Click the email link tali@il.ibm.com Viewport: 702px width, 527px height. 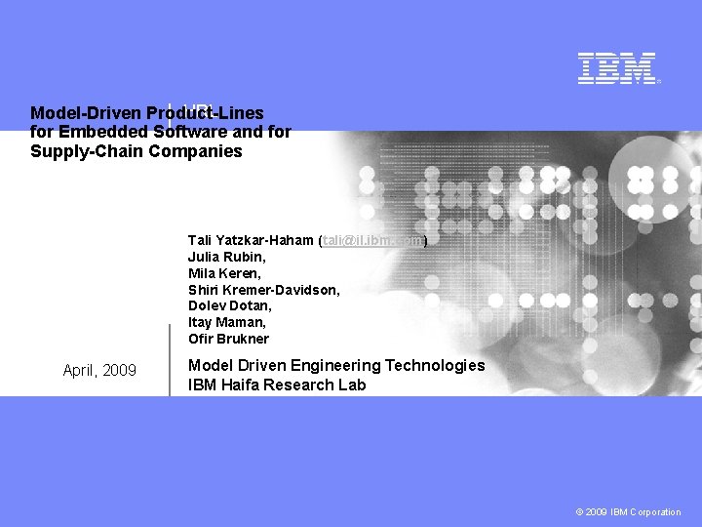373,240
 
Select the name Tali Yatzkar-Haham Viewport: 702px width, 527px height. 251,240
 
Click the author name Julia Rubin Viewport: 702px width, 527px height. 226,257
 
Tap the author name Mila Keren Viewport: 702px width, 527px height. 224,273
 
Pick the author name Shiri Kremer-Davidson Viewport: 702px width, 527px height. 263,290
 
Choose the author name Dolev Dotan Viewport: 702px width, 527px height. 227,305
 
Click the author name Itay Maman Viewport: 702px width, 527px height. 226,322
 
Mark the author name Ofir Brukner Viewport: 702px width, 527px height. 228,339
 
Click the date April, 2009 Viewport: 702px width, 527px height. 99,370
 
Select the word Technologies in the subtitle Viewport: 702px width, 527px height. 435,365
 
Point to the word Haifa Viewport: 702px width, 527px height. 240,385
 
